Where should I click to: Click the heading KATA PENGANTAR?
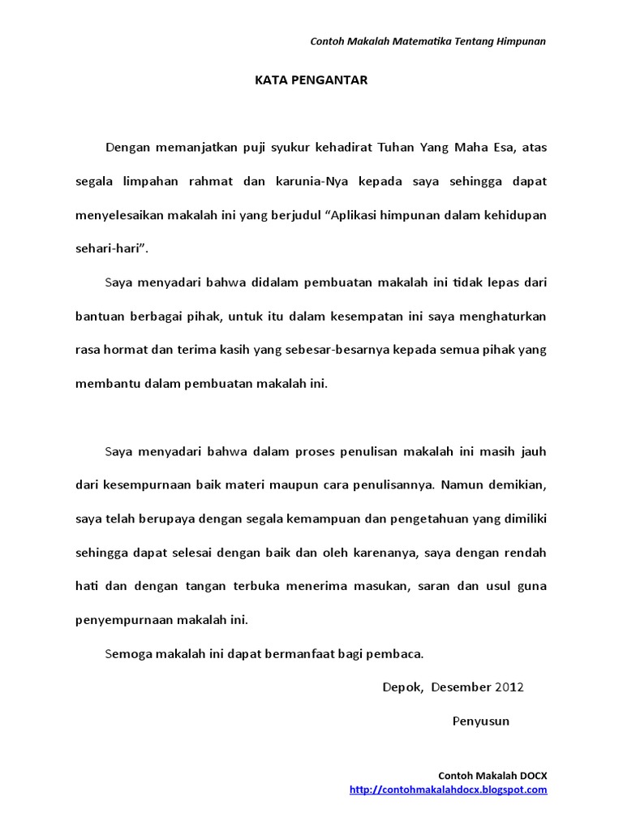point(311,80)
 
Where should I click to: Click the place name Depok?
point(402,687)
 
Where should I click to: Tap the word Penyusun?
point(481,721)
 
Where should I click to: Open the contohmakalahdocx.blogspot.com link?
point(449,789)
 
